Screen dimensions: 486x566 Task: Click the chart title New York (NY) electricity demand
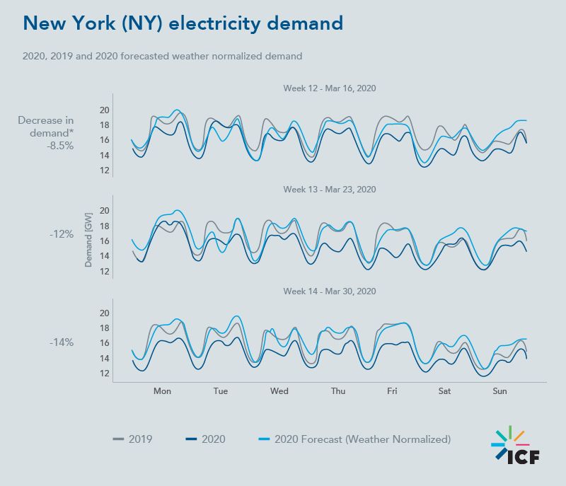coord(183,23)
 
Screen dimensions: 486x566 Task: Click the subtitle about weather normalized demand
coord(163,56)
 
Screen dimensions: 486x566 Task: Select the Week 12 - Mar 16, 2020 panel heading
coord(329,88)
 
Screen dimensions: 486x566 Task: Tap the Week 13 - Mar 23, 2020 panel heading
coord(329,190)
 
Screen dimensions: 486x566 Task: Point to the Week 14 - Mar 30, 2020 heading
coord(329,291)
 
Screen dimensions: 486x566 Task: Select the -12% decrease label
coord(61,233)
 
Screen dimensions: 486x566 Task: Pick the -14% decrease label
coord(61,342)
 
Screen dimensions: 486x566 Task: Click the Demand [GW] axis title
coord(89,241)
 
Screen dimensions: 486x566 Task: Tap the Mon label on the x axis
coord(162,391)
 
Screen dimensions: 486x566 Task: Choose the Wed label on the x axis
coord(279,391)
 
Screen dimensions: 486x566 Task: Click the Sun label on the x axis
coord(499,391)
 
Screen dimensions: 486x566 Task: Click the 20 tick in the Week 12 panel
coord(104,110)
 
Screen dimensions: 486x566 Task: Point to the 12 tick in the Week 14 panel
coord(104,374)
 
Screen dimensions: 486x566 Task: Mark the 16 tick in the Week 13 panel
coord(104,241)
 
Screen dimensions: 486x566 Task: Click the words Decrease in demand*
coord(46,127)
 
